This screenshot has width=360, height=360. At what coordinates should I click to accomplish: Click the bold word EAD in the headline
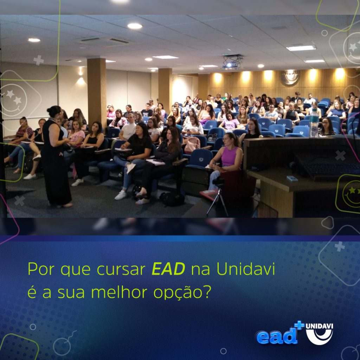[x=168, y=269]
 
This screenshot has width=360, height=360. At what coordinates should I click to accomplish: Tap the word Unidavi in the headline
[x=246, y=269]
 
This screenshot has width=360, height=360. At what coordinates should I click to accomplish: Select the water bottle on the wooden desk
[x=314, y=123]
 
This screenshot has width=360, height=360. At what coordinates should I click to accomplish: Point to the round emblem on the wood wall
[x=290, y=77]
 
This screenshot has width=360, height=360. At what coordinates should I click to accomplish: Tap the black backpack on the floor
[x=172, y=199]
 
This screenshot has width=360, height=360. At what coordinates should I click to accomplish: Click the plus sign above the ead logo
[x=299, y=325]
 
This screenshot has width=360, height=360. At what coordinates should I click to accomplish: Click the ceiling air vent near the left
[x=105, y=41]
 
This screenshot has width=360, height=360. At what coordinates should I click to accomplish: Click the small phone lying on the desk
[x=292, y=178]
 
